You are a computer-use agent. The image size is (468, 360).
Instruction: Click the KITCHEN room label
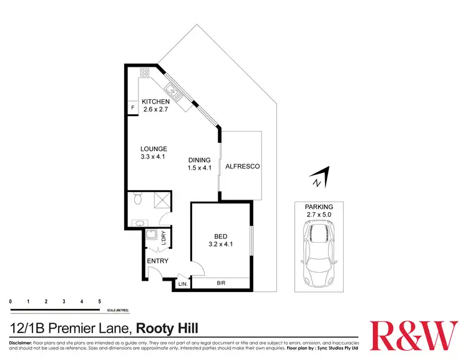(155, 102)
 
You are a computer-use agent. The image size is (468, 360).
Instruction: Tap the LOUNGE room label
(154, 148)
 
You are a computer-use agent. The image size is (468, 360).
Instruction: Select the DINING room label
(200, 160)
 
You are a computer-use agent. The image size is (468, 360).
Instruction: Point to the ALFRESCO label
(242, 167)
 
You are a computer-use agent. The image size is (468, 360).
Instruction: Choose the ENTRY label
(157, 261)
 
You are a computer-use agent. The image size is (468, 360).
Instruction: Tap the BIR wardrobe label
(220, 283)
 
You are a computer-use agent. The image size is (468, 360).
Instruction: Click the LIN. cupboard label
(183, 285)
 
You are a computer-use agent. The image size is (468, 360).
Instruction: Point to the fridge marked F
(132, 109)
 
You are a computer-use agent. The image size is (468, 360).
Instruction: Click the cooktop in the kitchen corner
(145, 73)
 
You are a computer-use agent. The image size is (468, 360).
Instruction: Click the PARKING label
(319, 207)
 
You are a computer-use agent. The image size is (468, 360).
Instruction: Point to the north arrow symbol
(319, 178)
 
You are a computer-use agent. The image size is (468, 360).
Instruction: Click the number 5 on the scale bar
(99, 301)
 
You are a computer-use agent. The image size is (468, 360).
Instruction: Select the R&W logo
(412, 336)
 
